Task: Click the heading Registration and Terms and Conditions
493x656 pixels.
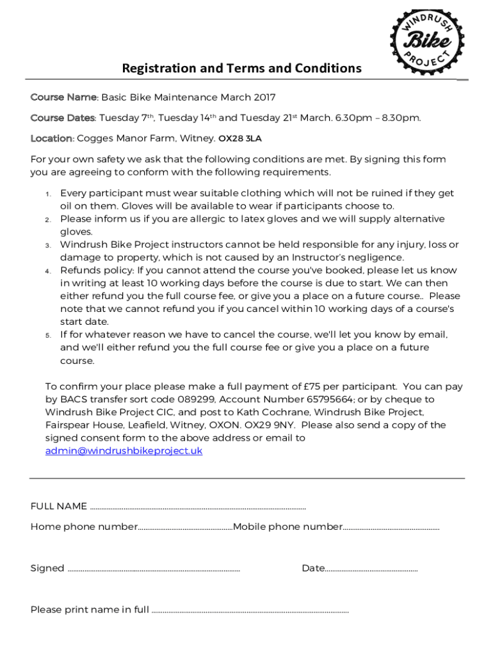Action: (x=241, y=68)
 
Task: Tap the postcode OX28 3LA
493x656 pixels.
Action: (x=240, y=138)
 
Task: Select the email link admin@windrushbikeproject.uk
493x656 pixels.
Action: (x=124, y=451)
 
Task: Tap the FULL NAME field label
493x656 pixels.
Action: (x=59, y=506)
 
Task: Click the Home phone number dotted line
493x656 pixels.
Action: (x=185, y=528)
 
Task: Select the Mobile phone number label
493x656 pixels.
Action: (x=288, y=527)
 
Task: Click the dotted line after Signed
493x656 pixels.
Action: (x=154, y=569)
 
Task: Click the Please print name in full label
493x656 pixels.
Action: (x=90, y=610)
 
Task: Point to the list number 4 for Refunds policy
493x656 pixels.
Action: (x=47, y=271)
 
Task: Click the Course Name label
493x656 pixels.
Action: (x=63, y=97)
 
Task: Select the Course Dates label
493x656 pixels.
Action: (x=63, y=118)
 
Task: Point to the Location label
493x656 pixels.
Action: (x=51, y=138)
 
